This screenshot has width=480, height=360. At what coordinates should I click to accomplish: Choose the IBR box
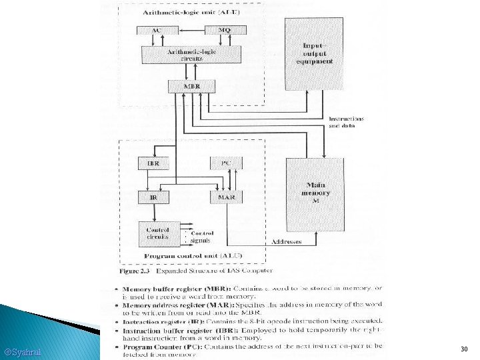[153, 163]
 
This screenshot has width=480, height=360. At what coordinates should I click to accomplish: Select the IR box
[153, 197]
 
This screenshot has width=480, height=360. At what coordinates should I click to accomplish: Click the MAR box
[226, 197]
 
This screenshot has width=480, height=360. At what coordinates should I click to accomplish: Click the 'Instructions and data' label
[346, 122]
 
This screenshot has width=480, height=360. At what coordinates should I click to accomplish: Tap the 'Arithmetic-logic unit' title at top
[190, 13]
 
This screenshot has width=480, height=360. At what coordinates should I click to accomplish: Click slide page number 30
[464, 349]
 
